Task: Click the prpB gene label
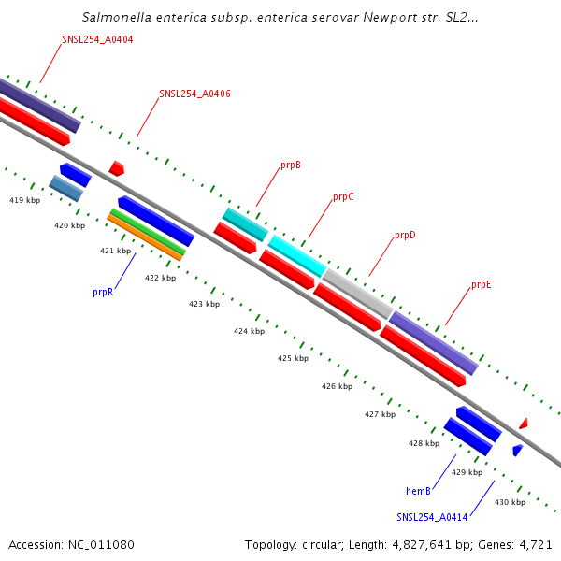(291, 165)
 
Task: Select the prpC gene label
(343, 197)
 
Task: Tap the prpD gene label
(405, 236)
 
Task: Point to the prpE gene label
(482, 284)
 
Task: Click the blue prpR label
(103, 292)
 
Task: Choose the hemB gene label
(418, 491)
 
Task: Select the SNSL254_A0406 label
(194, 93)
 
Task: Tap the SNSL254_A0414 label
(432, 517)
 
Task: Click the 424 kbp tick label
(249, 331)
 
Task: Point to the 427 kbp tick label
(380, 414)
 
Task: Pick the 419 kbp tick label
(24, 200)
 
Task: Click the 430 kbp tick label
(510, 502)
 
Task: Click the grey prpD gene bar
(357, 293)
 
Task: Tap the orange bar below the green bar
(144, 238)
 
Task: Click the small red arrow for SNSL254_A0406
(116, 168)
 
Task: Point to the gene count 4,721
(535, 544)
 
